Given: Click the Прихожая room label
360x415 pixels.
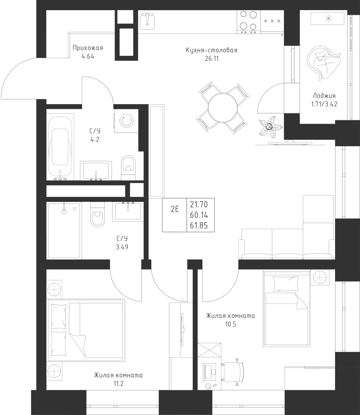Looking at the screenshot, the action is click(x=88, y=48).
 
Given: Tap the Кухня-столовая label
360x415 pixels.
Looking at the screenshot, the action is click(x=211, y=50).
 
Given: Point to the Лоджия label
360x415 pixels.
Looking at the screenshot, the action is click(x=324, y=95).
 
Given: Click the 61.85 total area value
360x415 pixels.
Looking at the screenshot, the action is click(x=198, y=225).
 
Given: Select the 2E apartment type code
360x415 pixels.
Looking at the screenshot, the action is click(x=175, y=209).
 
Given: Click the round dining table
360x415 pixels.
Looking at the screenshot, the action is click(x=222, y=107).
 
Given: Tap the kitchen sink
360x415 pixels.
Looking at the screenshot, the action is click(x=147, y=21).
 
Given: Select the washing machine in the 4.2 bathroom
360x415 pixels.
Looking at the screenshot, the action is click(x=126, y=121).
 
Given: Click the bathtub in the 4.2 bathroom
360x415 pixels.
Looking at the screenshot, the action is click(x=60, y=147).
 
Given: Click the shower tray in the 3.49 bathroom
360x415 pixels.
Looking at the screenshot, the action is click(x=64, y=230).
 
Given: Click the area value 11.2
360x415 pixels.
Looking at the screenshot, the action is click(x=119, y=384).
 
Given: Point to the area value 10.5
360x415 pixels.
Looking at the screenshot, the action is click(x=230, y=324).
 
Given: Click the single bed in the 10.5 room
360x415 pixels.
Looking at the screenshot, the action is click(x=286, y=308).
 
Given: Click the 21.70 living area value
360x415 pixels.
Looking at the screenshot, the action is click(x=198, y=204).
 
